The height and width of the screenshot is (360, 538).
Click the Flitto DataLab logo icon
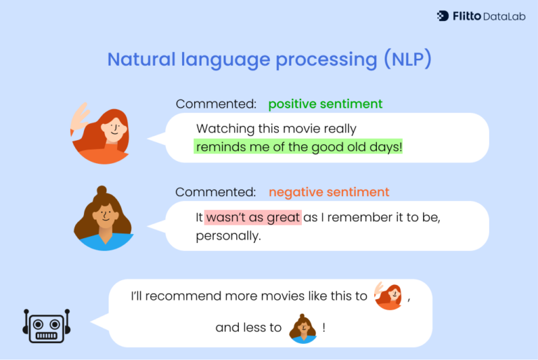coord(443,15)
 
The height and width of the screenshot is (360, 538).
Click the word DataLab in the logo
coord(503,15)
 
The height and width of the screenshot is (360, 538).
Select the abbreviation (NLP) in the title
coord(407,60)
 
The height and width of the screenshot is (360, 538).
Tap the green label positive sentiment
coord(325,104)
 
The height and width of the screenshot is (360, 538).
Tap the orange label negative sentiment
coord(329,192)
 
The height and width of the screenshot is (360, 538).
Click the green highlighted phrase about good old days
coord(299,147)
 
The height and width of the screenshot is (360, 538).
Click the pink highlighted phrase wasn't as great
coord(253,217)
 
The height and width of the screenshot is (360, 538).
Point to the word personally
coord(228,236)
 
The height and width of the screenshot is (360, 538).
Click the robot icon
coord(47,325)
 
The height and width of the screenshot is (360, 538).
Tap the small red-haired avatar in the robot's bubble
coord(389,296)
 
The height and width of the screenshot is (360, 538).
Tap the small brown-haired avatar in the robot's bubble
coord(303,328)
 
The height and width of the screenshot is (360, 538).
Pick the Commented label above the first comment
coord(216,104)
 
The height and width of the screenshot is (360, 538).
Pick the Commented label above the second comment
coord(216,192)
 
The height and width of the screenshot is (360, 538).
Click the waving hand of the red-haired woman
coord(81,116)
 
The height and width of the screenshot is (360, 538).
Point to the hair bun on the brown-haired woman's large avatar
coord(102,191)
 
